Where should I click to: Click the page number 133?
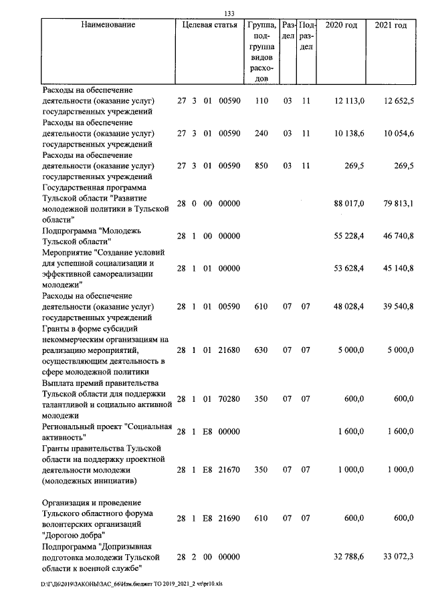[229, 13]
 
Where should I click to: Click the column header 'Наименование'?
[108, 25]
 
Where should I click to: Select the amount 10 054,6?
[399, 134]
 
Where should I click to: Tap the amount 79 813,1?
[399, 203]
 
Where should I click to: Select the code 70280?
[229, 399]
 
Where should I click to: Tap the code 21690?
[229, 518]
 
